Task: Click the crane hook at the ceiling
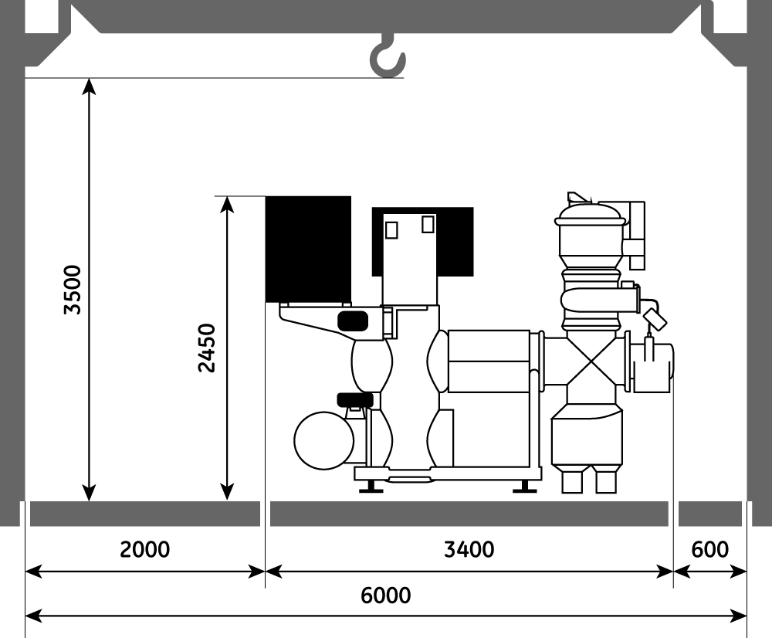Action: click(385, 58)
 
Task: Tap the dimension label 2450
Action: click(206, 348)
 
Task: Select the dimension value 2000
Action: click(144, 549)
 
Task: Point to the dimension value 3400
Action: click(469, 549)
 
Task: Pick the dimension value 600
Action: click(709, 549)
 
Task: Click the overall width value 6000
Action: click(386, 596)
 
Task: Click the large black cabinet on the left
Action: click(308, 248)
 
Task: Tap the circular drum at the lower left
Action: click(323, 440)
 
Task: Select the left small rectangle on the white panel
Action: click(391, 229)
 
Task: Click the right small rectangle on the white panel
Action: click(428, 224)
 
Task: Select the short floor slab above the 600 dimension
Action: click(709, 513)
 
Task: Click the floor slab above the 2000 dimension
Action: click(144, 513)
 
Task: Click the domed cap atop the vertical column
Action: click(590, 212)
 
